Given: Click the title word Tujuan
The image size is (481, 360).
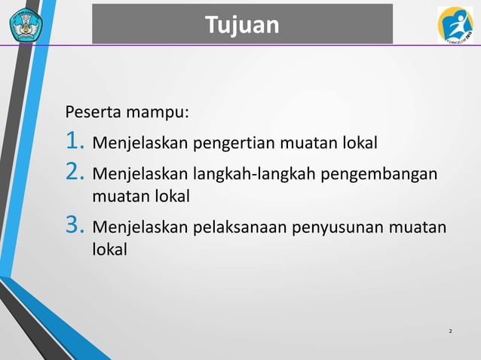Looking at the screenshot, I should [x=242, y=26].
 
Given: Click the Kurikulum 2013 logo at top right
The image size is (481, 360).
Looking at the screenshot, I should [x=455, y=24].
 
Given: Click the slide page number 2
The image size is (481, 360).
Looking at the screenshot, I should [x=450, y=331].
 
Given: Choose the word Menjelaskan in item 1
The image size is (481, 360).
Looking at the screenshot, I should [x=139, y=142].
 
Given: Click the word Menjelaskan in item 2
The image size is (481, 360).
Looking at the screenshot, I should [x=139, y=175].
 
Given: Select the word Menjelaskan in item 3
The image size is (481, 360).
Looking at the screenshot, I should [x=139, y=227].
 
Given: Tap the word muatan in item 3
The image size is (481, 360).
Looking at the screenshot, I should [x=421, y=227].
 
